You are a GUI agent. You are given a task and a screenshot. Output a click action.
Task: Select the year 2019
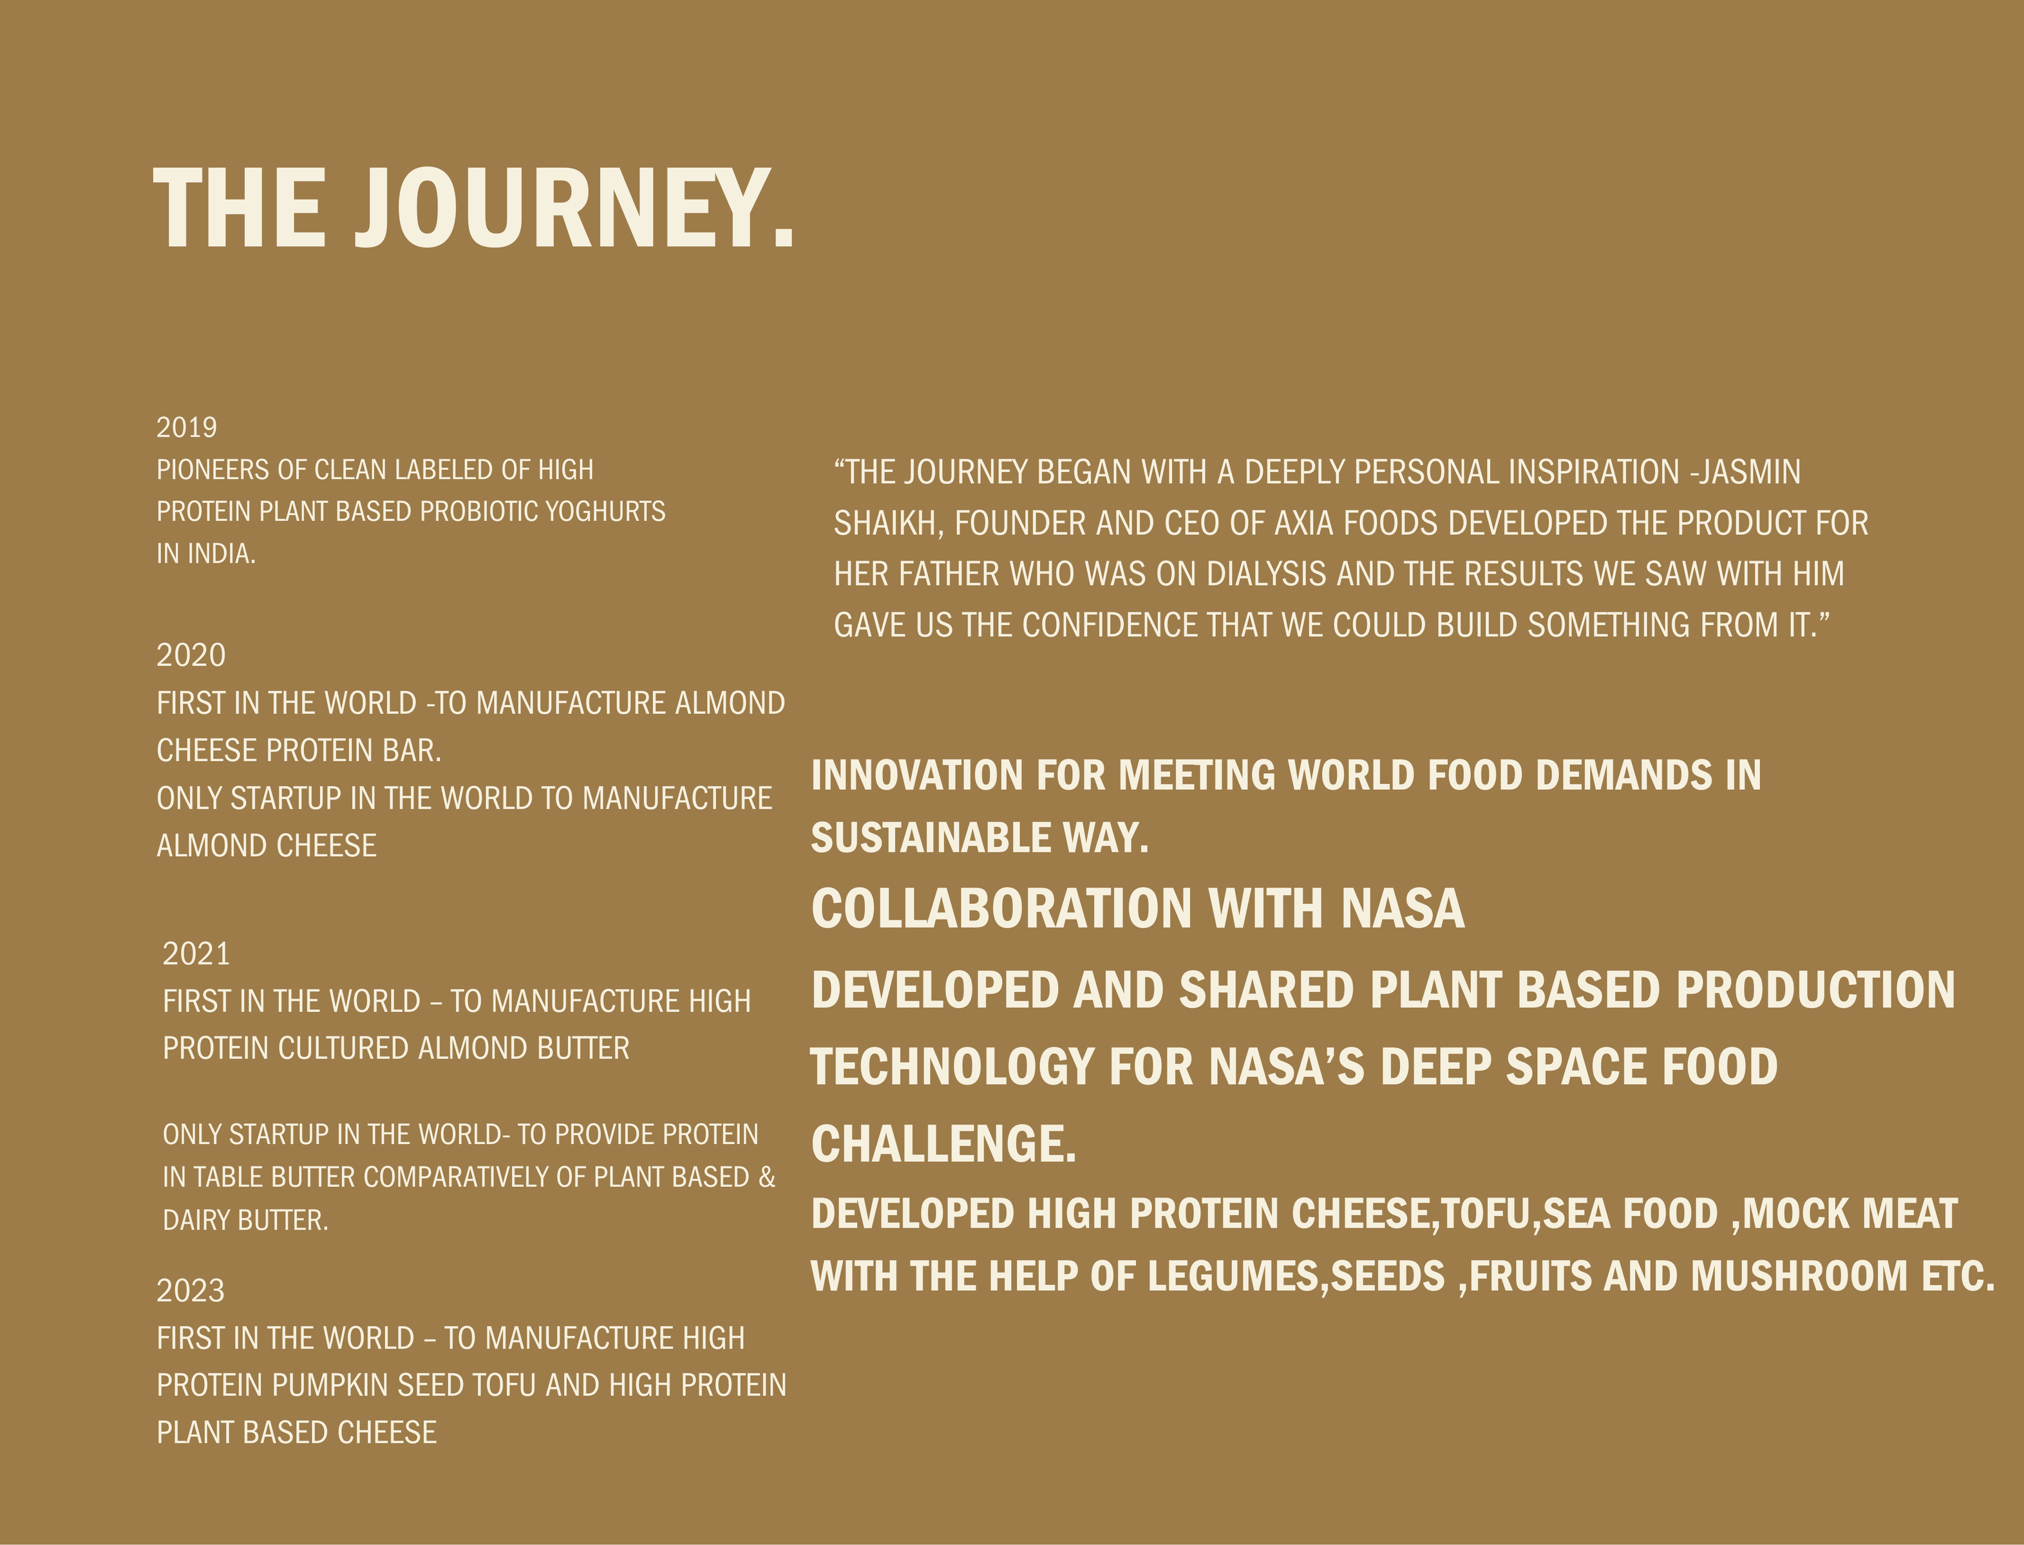(x=187, y=427)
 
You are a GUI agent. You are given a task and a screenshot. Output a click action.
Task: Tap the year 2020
(x=191, y=655)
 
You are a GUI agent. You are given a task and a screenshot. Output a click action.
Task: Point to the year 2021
(x=196, y=953)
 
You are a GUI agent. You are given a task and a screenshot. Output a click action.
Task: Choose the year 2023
(x=191, y=1291)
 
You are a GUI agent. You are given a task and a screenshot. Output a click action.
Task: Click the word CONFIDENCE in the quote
(x=1109, y=625)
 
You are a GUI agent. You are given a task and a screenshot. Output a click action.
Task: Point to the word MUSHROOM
(x=1799, y=1277)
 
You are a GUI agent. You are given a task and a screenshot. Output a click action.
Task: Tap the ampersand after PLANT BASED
(x=767, y=1177)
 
